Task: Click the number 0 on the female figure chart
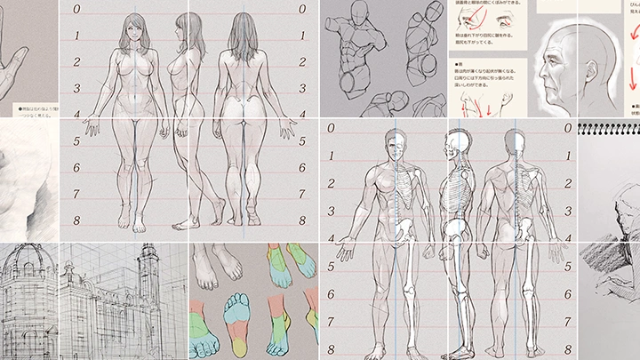tap(77, 10)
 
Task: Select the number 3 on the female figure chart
tap(77, 88)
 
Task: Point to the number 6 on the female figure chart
tap(77, 167)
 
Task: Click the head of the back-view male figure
tap(516, 142)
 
